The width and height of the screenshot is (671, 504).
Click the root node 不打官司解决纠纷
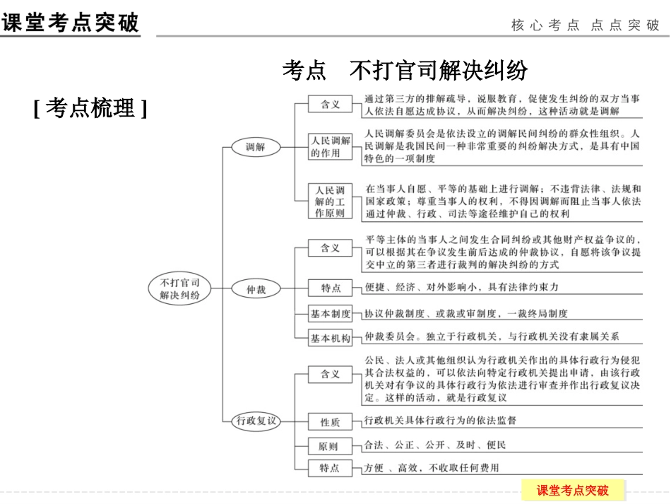coord(180,288)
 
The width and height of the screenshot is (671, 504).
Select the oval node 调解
coord(256,147)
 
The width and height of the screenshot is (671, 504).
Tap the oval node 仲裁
coord(256,289)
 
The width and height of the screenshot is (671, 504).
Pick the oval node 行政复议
coord(256,421)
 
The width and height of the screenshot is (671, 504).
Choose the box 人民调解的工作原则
coord(330,201)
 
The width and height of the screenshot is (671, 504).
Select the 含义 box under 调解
coord(330,105)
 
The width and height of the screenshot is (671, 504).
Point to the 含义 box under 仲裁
coord(330,248)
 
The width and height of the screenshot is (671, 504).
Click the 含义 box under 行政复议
coord(330,374)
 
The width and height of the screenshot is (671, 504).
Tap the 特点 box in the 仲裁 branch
coord(330,288)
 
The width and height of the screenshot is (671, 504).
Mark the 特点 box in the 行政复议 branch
coord(330,468)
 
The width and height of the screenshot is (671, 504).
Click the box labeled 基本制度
coord(330,314)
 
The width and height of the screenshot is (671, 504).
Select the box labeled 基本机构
coord(330,339)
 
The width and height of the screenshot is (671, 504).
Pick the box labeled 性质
coord(330,422)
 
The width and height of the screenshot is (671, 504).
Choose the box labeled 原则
coord(330,446)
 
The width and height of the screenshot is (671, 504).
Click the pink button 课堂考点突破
coord(572,490)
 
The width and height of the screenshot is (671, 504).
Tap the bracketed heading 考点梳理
coord(90,108)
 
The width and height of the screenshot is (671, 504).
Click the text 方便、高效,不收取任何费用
coord(432,468)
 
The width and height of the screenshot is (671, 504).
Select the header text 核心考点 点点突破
coord(586,25)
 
